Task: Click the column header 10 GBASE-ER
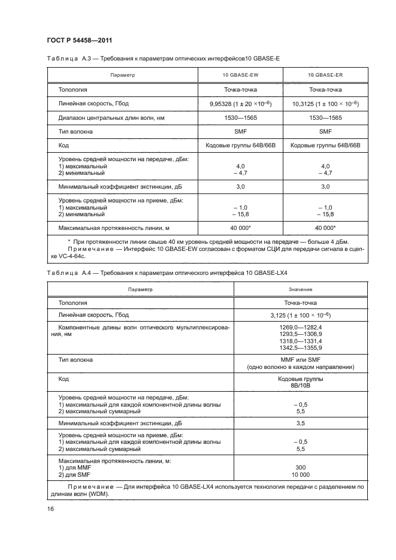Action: coord(325,75)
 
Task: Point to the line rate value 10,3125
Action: coord(325,104)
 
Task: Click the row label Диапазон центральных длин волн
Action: coord(104,117)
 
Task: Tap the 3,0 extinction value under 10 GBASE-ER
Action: coord(325,187)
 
